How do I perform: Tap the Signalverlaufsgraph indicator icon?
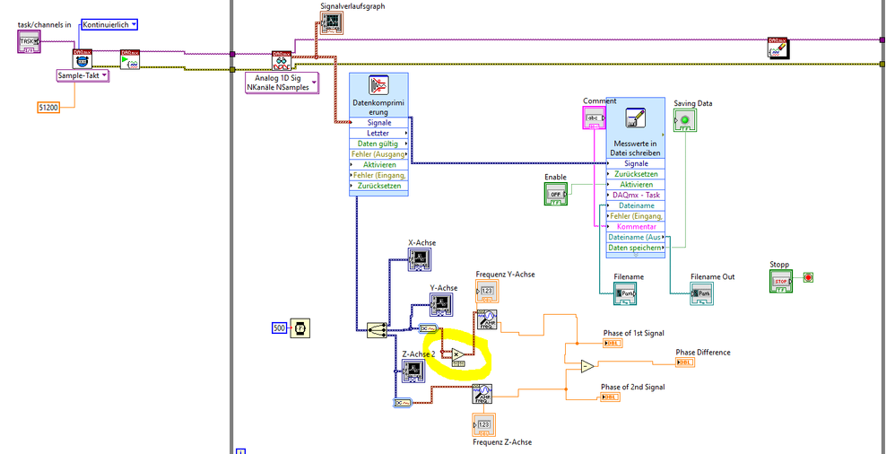331,22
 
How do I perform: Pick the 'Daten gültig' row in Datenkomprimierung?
378,144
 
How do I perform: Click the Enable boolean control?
556,194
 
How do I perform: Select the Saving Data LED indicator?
686,120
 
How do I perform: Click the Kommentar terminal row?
636,227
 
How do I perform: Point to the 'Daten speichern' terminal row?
636,248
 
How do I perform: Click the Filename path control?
625,293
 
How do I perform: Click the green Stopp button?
782,281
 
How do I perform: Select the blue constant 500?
278,328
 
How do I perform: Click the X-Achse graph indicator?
421,259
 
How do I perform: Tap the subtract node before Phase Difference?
586,365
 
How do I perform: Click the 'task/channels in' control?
30,41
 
